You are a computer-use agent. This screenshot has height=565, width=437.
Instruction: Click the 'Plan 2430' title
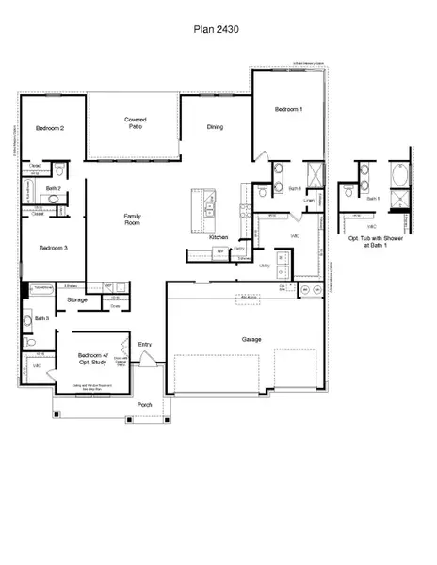click(218, 29)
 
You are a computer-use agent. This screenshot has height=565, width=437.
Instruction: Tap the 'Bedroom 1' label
click(287, 110)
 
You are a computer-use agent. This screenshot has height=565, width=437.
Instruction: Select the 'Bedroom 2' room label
click(50, 128)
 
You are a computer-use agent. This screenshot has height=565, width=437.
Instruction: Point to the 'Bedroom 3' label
click(53, 248)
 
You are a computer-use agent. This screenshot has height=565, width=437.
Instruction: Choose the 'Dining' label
click(215, 128)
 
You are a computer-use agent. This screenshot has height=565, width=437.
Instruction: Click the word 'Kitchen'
click(219, 237)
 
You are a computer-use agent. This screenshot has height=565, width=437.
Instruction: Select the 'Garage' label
click(251, 339)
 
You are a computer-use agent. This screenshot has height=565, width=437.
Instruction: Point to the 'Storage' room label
click(77, 300)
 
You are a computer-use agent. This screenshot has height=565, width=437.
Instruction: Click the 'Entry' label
click(145, 345)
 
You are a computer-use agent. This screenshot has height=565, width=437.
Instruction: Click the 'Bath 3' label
click(41, 319)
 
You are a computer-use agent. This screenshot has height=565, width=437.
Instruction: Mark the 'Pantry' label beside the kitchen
click(239, 249)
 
